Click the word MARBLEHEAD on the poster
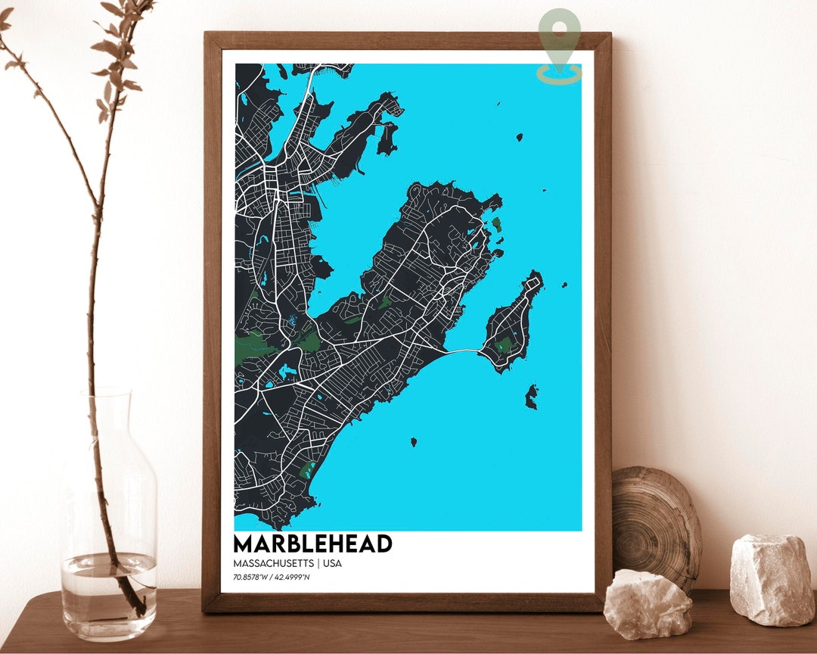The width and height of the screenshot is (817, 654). tap(312, 543)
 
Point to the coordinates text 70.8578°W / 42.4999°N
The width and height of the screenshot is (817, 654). tap(272, 578)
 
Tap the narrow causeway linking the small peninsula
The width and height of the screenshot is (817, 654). tap(461, 351)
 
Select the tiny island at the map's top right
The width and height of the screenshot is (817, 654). tap(520, 137)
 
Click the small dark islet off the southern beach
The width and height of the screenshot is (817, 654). tap(414, 441)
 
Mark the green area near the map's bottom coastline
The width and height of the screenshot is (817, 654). tap(308, 471)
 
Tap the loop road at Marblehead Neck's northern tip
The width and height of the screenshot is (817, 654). tap(534, 282)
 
